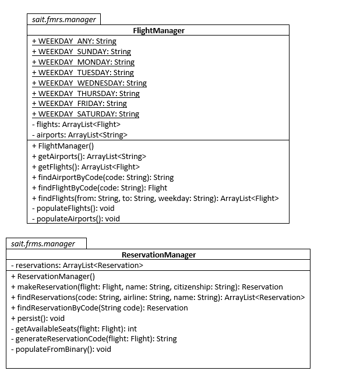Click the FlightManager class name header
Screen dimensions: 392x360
(158, 30)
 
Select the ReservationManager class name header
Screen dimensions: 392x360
(158, 255)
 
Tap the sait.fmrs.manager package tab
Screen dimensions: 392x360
(64, 19)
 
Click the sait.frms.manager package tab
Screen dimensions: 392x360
(43, 243)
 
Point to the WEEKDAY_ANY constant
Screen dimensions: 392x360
(74, 41)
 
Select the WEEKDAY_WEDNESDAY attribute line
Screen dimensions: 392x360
(89, 83)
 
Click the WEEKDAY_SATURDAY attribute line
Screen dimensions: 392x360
(86, 114)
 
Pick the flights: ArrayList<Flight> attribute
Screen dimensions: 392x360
(76, 125)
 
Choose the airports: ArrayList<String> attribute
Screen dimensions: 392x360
(79, 135)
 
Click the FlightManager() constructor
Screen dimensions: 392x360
(62, 146)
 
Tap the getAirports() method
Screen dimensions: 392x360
(89, 157)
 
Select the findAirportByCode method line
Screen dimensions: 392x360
(103, 178)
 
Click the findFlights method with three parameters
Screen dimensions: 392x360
(155, 199)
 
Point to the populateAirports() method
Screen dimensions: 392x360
(76, 219)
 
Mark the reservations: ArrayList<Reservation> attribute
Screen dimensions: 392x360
(77, 266)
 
